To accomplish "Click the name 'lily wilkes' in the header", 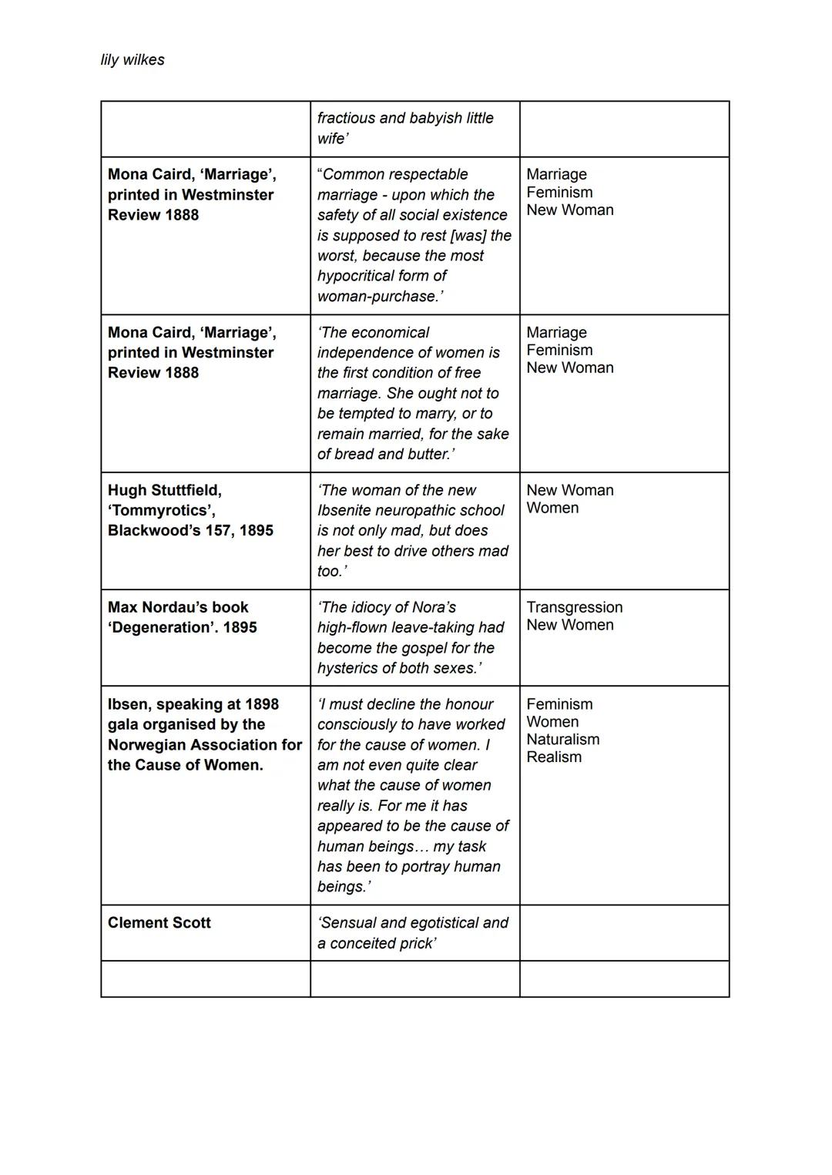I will pos(133,60).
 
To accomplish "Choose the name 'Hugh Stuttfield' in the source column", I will pos(164,490).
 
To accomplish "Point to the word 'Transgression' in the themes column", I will pos(574,607).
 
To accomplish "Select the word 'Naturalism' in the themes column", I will pos(562,740).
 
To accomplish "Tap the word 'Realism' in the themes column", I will pos(554,757).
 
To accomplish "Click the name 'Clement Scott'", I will pos(159,923).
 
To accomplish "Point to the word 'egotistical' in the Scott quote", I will pos(441,923).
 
